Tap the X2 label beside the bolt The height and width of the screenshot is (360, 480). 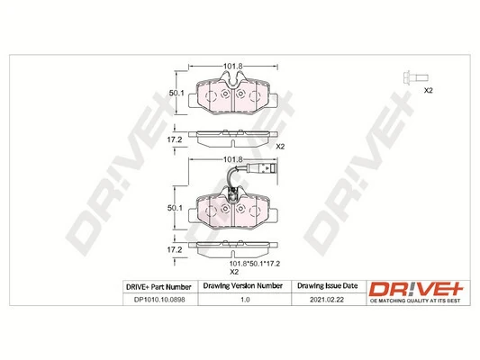click(429, 92)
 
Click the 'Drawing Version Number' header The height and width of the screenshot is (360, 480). click(244, 286)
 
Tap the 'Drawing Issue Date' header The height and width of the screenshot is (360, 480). click(326, 286)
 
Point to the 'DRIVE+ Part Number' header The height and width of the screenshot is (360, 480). click(151, 286)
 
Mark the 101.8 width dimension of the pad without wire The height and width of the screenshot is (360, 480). click(233, 66)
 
